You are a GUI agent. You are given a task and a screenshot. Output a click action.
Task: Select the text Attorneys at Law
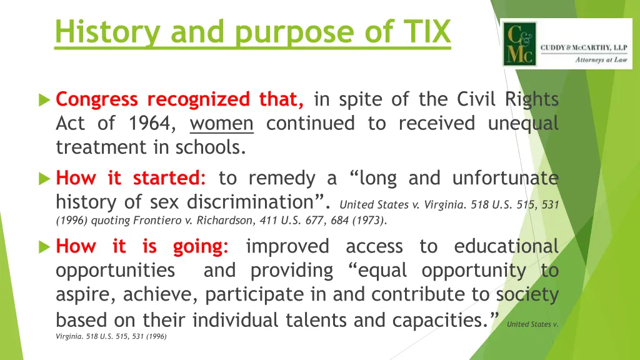tap(601, 61)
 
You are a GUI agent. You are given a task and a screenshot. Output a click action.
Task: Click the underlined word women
tap(222, 124)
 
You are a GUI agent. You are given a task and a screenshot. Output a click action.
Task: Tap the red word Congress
tap(97, 100)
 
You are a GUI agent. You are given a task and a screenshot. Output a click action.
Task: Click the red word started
tap(169, 179)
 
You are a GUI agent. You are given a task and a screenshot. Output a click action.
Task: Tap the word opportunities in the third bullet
tap(115, 271)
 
